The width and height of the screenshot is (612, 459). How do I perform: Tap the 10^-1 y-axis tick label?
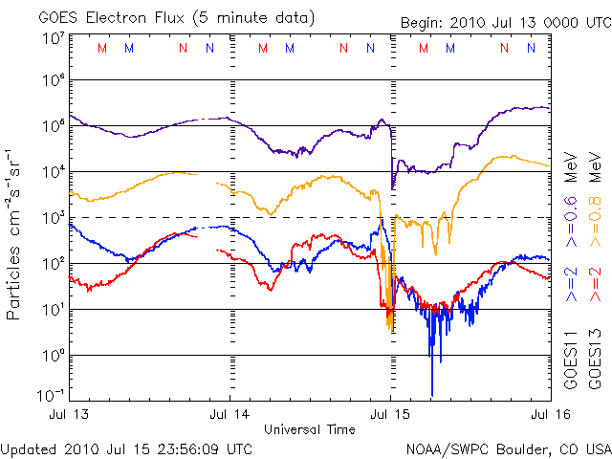tap(51, 395)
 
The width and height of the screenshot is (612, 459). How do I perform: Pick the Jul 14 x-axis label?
tap(230, 415)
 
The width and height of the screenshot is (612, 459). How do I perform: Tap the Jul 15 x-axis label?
tap(389, 415)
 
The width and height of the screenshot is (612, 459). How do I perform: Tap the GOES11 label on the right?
tap(571, 360)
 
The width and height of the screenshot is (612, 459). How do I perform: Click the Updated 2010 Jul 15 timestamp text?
tap(127, 448)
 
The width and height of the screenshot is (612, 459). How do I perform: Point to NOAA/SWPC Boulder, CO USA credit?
tap(507, 448)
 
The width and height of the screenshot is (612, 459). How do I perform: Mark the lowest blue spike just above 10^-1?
tap(432, 392)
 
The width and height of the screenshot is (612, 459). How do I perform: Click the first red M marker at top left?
tap(102, 48)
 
